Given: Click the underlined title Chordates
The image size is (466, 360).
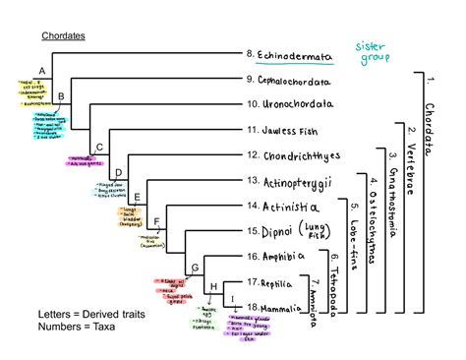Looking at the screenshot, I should [63, 36].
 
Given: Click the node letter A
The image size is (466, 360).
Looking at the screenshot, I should [41, 71].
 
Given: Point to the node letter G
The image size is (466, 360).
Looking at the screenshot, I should [195, 268].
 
